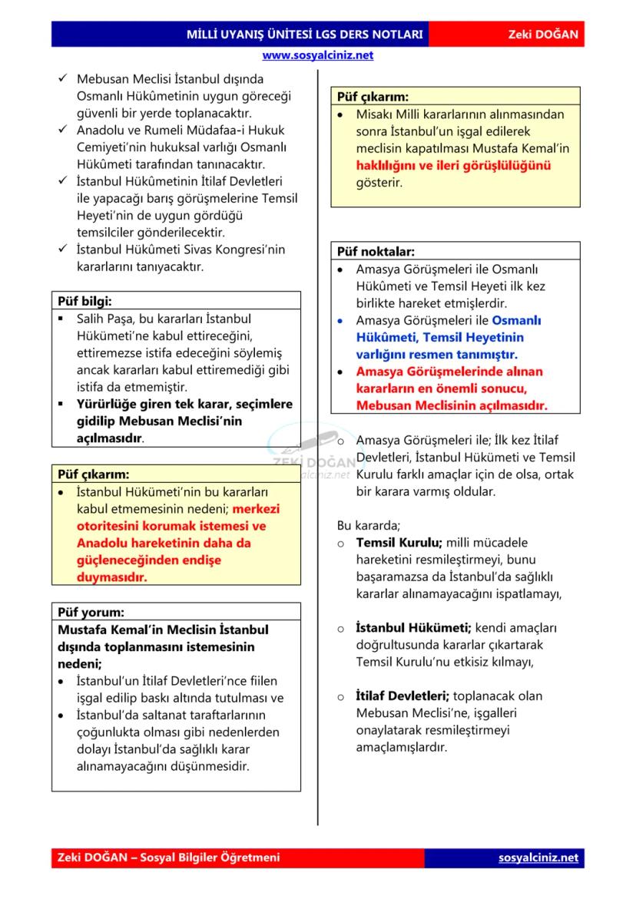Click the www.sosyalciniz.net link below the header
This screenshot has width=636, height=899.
tap(317, 55)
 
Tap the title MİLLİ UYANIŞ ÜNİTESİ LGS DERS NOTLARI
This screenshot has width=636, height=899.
tap(304, 35)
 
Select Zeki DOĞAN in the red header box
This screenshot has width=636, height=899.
tap(543, 35)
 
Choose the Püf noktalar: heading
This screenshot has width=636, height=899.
tap(376, 251)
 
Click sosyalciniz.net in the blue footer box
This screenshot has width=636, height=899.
tap(538, 858)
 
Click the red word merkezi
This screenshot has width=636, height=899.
tap(257, 508)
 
